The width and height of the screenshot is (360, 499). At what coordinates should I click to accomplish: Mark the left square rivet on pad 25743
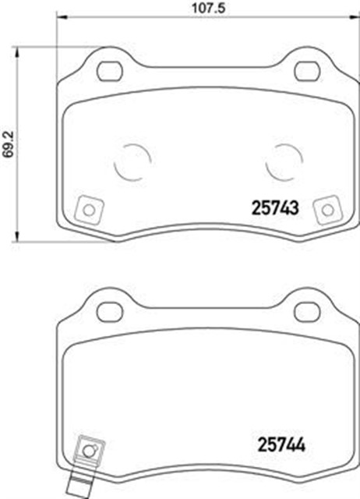click(88, 210)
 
